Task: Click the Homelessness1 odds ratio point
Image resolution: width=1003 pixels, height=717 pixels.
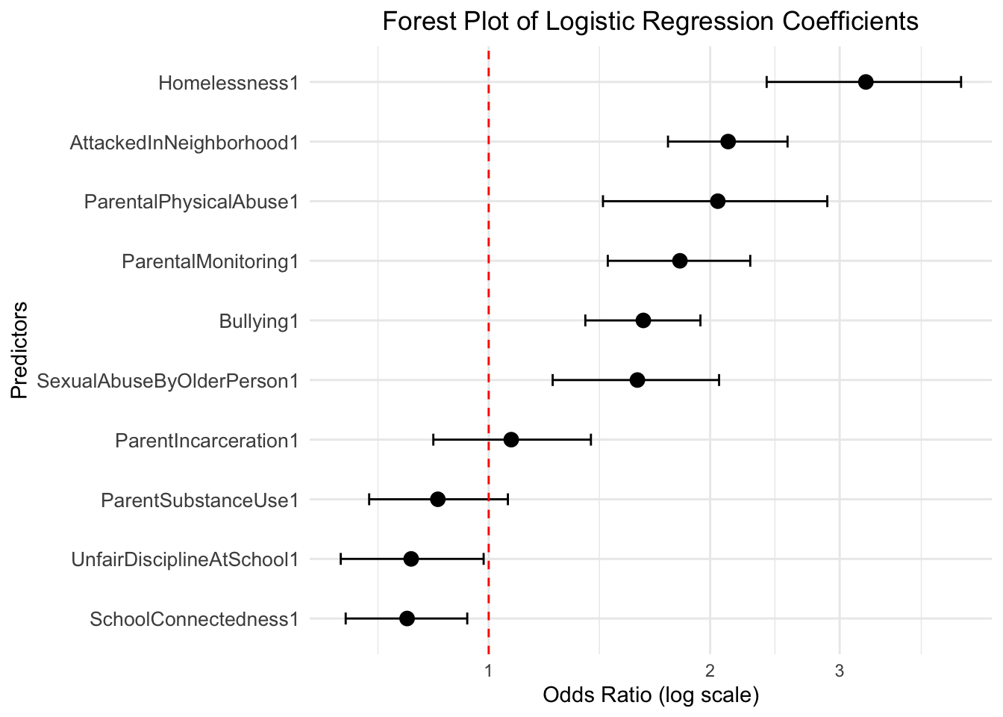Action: pos(866,82)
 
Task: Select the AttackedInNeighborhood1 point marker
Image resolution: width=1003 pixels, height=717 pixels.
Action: pos(728,142)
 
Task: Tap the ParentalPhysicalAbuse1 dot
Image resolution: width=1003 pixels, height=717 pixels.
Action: pos(718,202)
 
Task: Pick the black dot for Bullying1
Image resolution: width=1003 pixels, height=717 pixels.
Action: pos(643,321)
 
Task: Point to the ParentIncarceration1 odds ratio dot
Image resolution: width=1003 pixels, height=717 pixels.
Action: pos(511,440)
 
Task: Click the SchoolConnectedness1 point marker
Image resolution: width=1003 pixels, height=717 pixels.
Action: pos(407,618)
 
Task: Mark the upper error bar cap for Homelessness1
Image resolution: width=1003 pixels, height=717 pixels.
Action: pos(960,82)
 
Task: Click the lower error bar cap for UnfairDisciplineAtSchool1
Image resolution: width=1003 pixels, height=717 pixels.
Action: pos(341,559)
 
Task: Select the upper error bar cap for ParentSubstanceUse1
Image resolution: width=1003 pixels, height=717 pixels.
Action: pos(507,499)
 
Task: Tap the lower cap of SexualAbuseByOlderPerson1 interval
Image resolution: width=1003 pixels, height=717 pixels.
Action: pos(553,380)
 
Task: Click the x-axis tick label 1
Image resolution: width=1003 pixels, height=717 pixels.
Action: pos(488,670)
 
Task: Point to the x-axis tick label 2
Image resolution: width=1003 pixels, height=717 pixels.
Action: pos(710,670)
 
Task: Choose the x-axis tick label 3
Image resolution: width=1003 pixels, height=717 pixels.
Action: pos(840,670)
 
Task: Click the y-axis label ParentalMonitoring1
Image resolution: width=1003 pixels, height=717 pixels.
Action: pos(210,261)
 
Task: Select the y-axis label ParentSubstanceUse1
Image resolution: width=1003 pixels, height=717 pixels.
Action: pos(199,500)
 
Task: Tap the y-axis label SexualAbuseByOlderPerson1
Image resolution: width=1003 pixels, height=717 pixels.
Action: pos(168,381)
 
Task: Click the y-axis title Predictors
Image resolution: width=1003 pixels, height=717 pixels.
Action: pos(19,350)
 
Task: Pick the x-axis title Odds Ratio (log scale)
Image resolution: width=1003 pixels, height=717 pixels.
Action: pos(651,695)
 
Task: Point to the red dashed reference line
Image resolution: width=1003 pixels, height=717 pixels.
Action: pos(488,351)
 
